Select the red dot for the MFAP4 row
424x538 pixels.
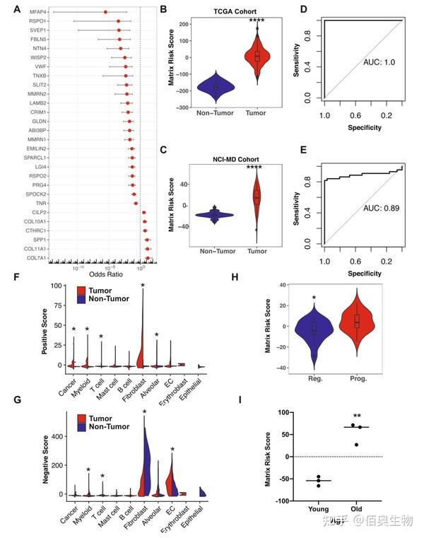[x=105, y=12]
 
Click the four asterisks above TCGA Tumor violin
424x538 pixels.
[x=257, y=22]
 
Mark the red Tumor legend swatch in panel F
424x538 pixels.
[x=80, y=290]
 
